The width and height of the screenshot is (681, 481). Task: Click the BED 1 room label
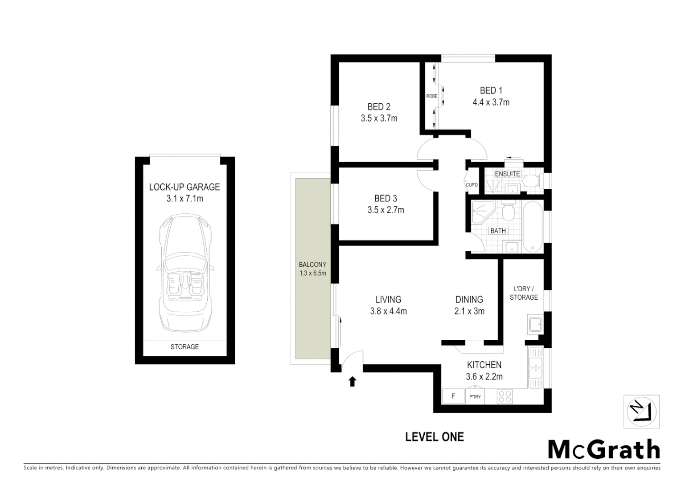tap(491, 90)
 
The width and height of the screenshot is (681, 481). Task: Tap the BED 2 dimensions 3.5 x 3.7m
tap(379, 118)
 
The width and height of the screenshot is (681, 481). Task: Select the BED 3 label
tap(386, 199)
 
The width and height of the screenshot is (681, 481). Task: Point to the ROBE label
tap(431, 96)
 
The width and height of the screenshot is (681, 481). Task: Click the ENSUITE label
tap(507, 174)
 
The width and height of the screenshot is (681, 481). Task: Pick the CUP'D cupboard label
tap(472, 185)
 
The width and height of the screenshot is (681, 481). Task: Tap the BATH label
tap(498, 231)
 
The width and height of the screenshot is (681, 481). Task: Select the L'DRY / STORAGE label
tap(524, 293)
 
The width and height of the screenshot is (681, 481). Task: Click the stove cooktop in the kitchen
tap(505, 396)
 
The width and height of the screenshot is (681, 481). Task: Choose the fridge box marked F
tap(453, 396)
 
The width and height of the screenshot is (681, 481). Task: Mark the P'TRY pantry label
tap(475, 396)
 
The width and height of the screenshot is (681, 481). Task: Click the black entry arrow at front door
tap(352, 381)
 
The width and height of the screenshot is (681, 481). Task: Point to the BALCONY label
tap(312, 264)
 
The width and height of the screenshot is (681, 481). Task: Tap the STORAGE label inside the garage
tap(185, 346)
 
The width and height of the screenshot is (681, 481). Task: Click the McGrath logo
tap(603, 449)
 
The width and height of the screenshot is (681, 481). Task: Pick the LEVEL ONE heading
tap(434, 437)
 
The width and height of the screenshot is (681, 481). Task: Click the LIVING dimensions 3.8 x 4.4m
tap(388, 311)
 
